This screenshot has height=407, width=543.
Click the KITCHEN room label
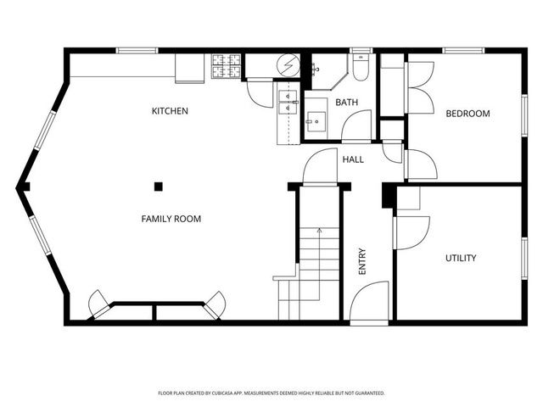pyautogui.click(x=170, y=111)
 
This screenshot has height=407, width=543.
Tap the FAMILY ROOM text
pyautogui.click(x=171, y=219)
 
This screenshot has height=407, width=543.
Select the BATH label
pyautogui.click(x=346, y=103)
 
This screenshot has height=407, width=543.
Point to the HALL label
pyautogui.click(x=353, y=159)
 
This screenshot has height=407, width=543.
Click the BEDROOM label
pyautogui.click(x=467, y=114)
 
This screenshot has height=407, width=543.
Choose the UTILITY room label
pyautogui.click(x=461, y=258)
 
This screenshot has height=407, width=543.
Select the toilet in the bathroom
pyautogui.click(x=361, y=69)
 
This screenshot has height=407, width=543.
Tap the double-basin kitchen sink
pyautogui.click(x=288, y=103)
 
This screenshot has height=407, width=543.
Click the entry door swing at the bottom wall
pyautogui.click(x=370, y=303)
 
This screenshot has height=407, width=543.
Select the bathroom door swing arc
pyautogui.click(x=357, y=125)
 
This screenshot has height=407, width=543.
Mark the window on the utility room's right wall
pyautogui.click(x=524, y=258)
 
